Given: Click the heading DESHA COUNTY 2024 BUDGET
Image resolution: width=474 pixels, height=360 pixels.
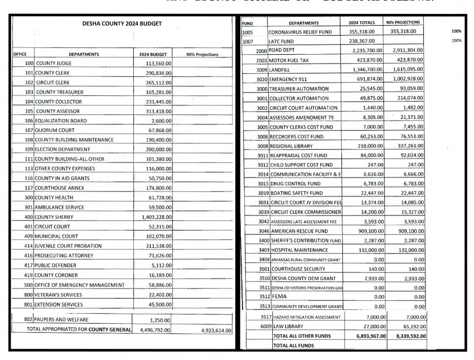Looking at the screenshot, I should [x=123, y=24].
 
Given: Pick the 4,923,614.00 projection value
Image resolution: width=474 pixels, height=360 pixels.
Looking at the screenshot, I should [x=216, y=330].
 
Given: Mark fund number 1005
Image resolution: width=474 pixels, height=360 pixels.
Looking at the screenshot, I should [x=248, y=32].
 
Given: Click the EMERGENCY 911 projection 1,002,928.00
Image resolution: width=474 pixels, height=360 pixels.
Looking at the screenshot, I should [x=408, y=79].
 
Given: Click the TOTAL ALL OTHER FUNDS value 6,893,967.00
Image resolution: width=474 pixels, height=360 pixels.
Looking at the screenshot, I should [x=365, y=336].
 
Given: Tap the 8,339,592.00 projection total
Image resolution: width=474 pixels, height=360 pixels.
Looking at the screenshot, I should [x=408, y=336].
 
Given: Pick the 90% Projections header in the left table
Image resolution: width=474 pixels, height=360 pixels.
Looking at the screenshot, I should [x=201, y=54].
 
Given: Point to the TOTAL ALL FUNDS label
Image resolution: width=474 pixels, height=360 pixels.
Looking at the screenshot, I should [x=293, y=345].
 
